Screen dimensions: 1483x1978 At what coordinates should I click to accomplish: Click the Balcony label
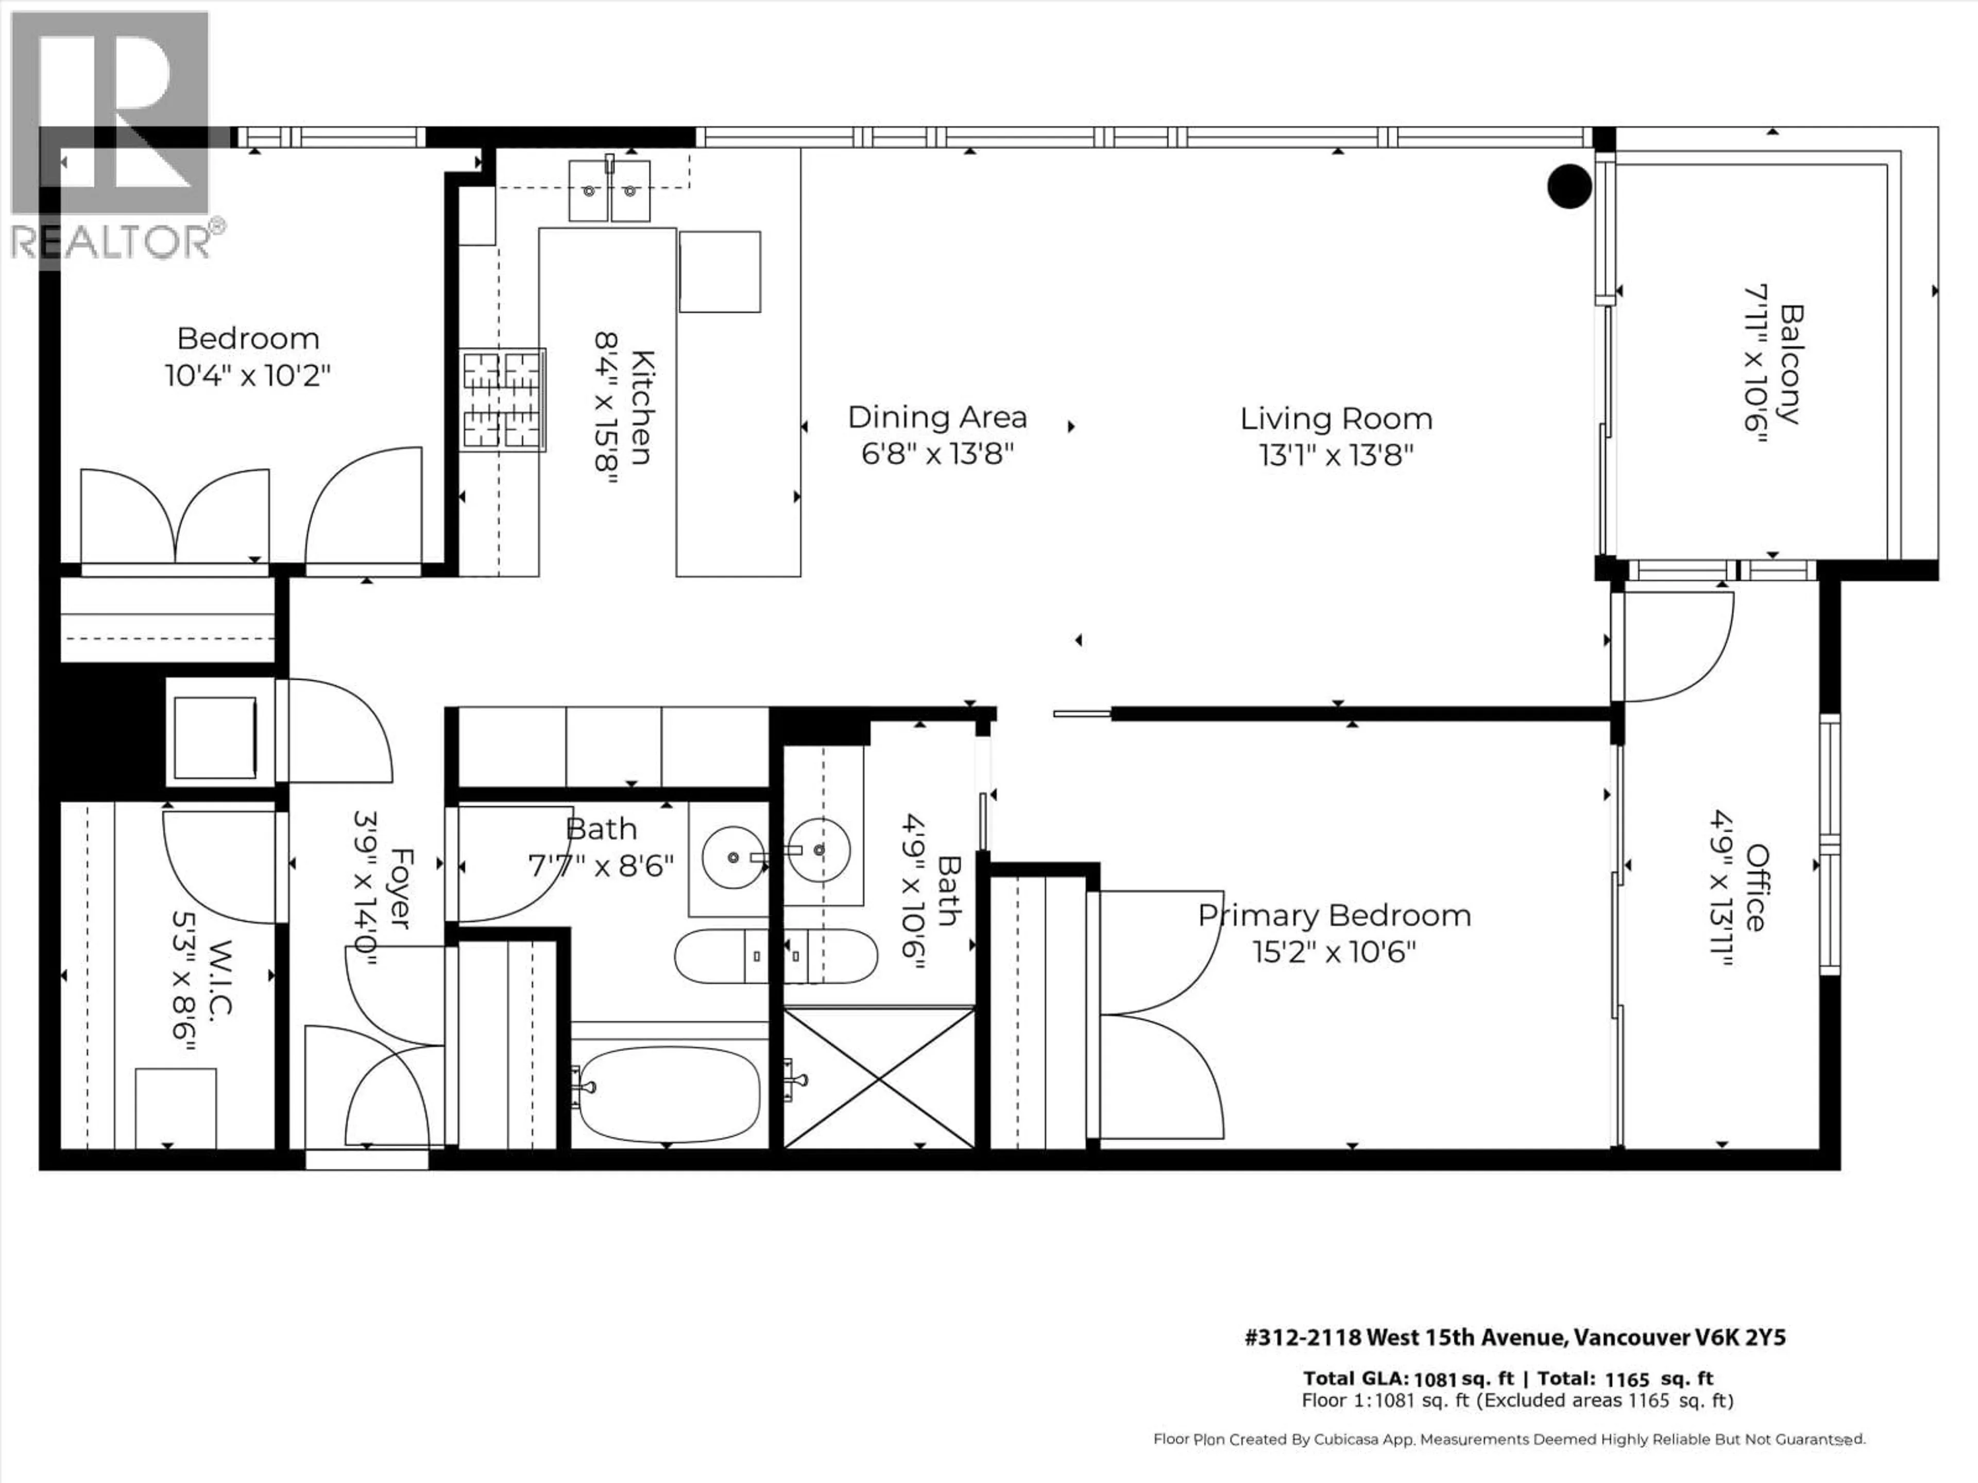1791,364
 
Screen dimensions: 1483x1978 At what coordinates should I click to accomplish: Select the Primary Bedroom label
1334,916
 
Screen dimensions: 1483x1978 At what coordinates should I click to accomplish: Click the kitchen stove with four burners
503,399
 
